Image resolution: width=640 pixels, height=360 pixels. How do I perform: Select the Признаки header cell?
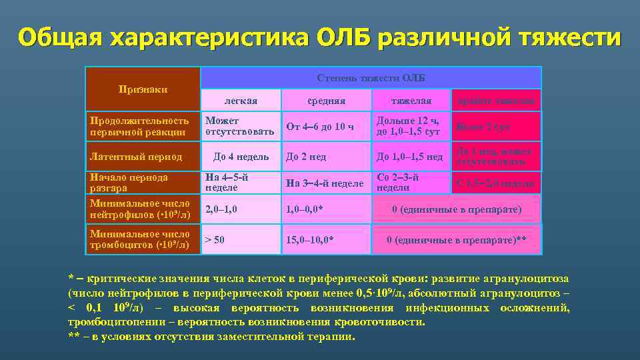143,89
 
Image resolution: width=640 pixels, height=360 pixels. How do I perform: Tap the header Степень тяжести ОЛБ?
371,78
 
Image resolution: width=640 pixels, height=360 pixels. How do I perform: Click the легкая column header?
241,101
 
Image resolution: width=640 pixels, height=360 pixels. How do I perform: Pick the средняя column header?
325,101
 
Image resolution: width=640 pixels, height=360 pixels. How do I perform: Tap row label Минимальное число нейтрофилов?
140,209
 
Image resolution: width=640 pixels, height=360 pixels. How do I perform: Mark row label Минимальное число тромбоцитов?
140,240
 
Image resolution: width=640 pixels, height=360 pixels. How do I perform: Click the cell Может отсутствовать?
239,126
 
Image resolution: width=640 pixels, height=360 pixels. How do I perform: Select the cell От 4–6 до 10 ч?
319,127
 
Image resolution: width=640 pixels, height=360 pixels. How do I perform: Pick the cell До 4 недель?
241,157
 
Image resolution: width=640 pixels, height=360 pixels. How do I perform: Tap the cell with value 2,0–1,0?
221,209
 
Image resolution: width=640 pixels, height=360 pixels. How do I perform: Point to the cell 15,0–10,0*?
310,239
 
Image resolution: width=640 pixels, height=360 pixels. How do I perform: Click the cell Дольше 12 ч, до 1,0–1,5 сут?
408,126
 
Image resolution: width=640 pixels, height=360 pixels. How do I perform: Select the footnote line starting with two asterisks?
212,337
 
